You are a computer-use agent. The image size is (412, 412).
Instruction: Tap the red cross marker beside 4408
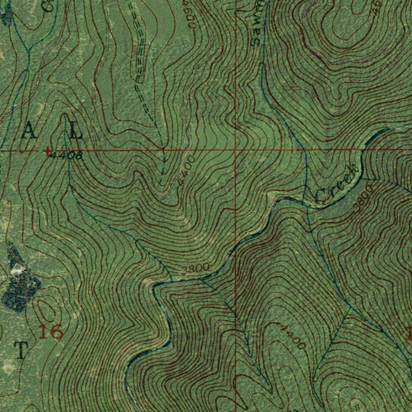(48, 151)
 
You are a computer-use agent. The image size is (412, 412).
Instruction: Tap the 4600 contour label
(189, 14)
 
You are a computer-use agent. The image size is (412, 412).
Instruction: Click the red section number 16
(51, 332)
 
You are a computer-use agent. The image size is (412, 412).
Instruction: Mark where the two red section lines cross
(235, 150)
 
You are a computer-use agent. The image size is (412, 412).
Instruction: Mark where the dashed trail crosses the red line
(163, 150)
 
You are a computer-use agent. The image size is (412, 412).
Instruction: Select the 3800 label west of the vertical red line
(195, 268)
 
